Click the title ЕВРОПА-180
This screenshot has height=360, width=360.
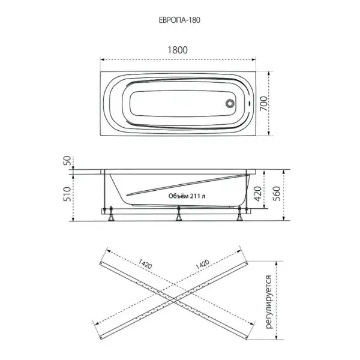click(x=179, y=20)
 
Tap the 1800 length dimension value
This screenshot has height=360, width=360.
click(x=178, y=50)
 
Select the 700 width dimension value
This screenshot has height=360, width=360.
click(x=263, y=104)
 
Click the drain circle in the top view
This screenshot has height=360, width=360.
click(x=230, y=103)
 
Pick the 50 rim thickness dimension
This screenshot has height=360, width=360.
click(x=67, y=160)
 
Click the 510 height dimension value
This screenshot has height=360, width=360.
click(x=67, y=194)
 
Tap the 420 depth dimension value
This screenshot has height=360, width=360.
click(x=257, y=194)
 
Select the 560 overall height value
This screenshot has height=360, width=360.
click(x=277, y=194)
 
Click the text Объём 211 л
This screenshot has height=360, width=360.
click(x=187, y=196)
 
